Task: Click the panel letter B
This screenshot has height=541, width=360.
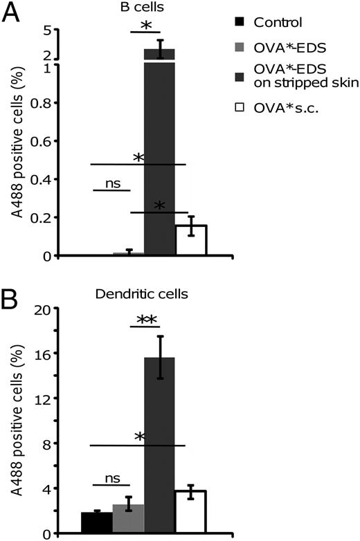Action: (12, 283)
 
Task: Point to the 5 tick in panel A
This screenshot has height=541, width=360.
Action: (48, 30)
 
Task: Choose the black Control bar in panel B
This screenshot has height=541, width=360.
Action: (97, 522)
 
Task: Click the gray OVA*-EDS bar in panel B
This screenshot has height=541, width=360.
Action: (128, 518)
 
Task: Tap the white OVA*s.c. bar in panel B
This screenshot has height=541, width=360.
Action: (190, 511)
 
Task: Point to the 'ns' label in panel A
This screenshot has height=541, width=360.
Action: (107, 183)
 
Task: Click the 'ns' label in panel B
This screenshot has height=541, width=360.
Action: (107, 478)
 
